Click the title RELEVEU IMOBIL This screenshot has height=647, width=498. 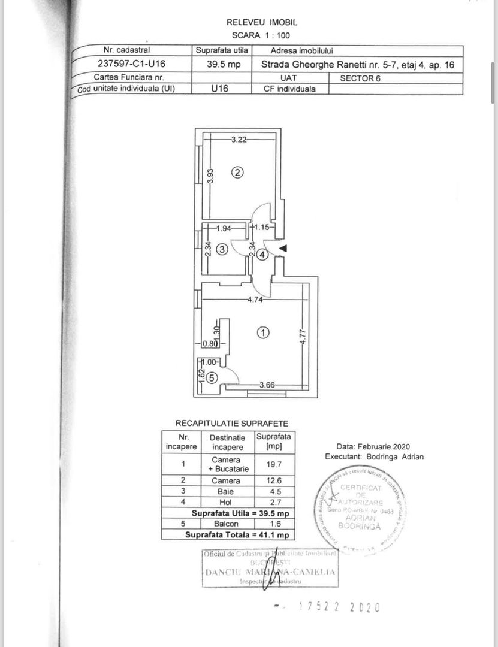point(261,22)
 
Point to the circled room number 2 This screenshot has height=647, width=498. point(237,173)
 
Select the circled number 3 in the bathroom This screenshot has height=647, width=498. point(221,250)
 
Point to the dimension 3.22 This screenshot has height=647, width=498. point(239,140)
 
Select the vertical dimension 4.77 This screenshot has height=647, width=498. point(304,344)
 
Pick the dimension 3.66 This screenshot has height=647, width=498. point(267,385)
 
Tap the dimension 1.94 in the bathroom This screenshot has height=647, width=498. point(223,228)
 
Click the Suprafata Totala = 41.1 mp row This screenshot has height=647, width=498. point(237,534)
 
